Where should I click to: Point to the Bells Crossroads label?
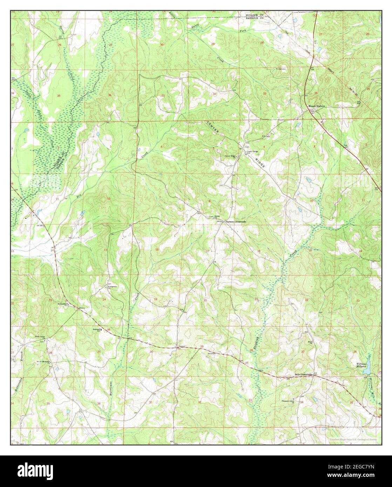(x=303, y=375)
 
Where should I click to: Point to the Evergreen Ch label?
(x=112, y=287)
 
